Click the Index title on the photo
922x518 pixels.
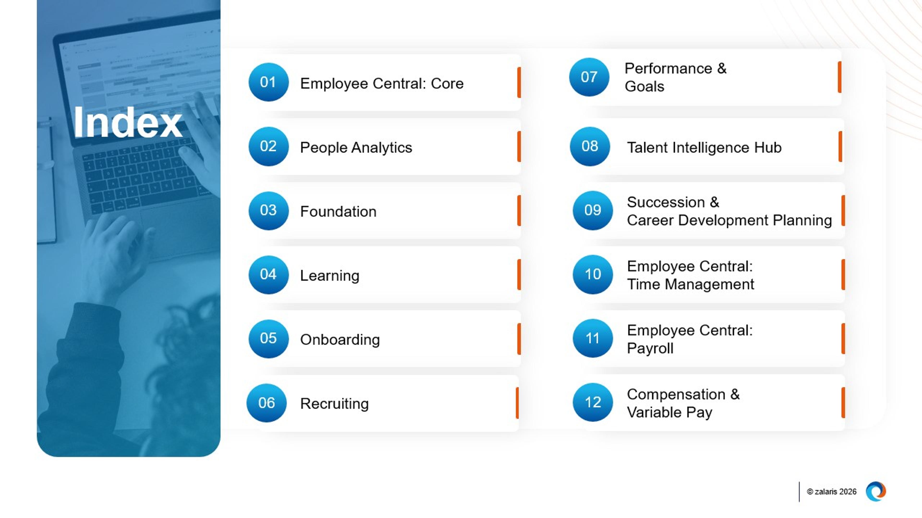(128, 123)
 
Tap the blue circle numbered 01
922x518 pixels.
(268, 82)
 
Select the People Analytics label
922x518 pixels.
(356, 147)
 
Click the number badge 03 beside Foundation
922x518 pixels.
(268, 210)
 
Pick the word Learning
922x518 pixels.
(329, 275)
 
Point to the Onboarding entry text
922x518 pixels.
(340, 339)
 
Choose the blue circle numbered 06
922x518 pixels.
(266, 403)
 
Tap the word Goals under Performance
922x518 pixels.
(644, 87)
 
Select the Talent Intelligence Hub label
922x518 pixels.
(704, 147)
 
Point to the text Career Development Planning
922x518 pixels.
(729, 220)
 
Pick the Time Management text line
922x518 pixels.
(691, 284)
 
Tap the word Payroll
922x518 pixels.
(650, 348)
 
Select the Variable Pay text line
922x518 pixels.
(669, 412)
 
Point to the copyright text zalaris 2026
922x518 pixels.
(831, 492)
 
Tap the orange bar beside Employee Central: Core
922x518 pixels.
(519, 82)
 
